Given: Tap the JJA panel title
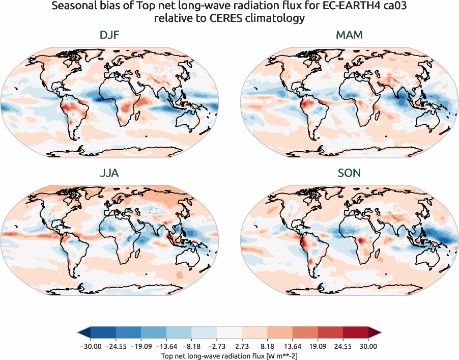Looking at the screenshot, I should pos(109,173).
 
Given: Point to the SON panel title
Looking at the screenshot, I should pos(349,173).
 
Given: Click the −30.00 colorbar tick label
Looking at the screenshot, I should pos(91,346).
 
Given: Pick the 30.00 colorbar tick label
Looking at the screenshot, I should pos(368,346).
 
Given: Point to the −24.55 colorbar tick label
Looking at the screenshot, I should pos(116,346).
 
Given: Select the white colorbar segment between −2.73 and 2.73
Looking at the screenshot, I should pos(229,333).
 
